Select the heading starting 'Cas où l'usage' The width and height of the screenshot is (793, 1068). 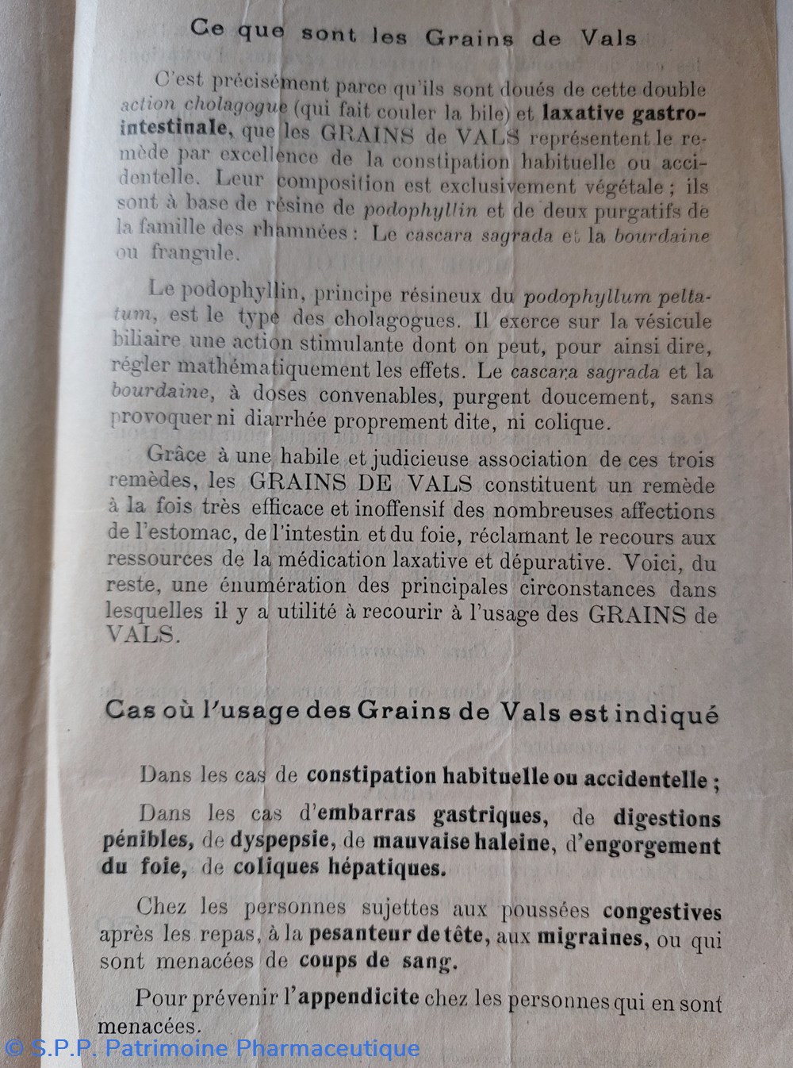tap(411, 713)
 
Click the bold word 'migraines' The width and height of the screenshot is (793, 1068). tap(589, 937)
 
